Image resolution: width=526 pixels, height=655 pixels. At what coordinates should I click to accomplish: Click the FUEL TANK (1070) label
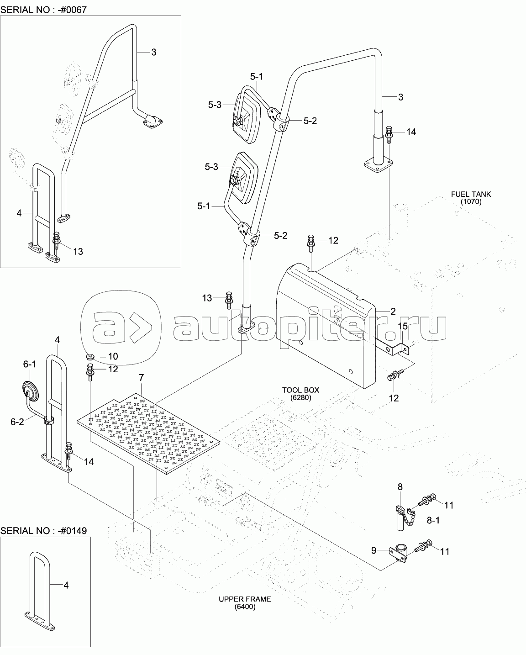coord(471,198)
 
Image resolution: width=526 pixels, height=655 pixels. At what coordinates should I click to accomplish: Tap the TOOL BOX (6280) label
coord(300,394)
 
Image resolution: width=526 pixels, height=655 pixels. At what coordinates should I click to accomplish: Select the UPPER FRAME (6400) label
coord(245,603)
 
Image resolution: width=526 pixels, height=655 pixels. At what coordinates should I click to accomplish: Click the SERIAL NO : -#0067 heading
coord(43,10)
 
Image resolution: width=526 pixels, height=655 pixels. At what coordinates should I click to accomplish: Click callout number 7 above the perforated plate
coord(141,378)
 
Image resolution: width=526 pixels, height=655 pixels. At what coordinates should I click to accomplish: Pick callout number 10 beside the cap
coord(113,356)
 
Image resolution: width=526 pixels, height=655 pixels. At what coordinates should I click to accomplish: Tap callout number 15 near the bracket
coord(402,326)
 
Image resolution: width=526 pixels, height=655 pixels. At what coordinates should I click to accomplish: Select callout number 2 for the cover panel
coord(393,312)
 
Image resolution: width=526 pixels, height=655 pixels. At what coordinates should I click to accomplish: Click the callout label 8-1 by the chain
coord(433,520)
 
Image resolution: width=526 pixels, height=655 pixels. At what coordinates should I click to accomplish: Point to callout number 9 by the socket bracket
coord(374,550)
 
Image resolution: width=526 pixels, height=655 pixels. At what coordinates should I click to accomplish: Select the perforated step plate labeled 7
coord(148,433)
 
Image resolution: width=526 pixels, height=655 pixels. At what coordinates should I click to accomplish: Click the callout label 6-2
coord(17,422)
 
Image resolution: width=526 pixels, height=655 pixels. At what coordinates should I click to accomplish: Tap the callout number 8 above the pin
coord(400,487)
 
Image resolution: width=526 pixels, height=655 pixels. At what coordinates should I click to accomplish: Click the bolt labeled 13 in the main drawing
coord(229,298)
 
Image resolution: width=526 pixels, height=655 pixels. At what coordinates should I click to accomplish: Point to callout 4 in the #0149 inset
coord(66,585)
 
